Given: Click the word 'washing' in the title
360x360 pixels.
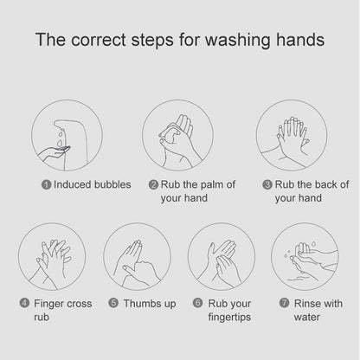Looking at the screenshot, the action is click(x=237, y=40).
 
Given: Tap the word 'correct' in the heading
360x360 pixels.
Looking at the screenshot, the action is click(x=99, y=40).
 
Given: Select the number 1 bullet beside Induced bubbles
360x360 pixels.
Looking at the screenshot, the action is click(x=46, y=185).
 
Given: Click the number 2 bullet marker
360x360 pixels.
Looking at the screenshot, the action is click(x=153, y=184).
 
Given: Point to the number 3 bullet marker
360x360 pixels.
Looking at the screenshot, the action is click(x=267, y=184).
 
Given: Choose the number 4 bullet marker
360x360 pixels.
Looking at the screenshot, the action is click(x=24, y=303).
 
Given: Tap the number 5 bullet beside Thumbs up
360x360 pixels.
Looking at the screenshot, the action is click(x=113, y=303).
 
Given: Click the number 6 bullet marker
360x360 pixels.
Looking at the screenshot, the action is click(x=197, y=303).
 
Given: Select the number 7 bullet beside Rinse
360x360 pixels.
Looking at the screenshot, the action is click(x=284, y=303).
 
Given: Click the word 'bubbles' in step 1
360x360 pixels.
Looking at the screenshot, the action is click(x=112, y=184).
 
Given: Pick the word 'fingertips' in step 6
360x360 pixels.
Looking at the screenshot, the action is click(x=229, y=318).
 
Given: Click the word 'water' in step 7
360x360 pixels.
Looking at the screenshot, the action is click(x=307, y=318).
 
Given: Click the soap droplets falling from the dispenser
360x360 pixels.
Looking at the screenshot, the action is click(x=60, y=139).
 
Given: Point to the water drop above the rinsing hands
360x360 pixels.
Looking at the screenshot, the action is click(x=313, y=243).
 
